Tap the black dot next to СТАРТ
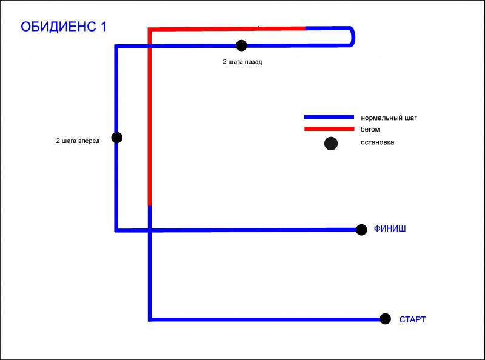tap(385, 319)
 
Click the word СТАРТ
tap(412, 319)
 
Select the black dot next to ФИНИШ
tap(361, 230)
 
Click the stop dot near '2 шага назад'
tap(241, 45)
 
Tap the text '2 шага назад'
tap(242, 62)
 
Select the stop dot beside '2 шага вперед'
tap(117, 138)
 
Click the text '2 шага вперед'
tap(78, 141)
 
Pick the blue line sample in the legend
tap(329, 118)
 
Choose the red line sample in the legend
tap(329, 129)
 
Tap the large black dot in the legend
tap(330, 144)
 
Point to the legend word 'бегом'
tap(370, 130)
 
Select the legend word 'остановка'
tap(377, 142)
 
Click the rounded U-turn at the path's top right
tap(352, 37)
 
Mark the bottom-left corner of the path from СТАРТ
tap(150, 318)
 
